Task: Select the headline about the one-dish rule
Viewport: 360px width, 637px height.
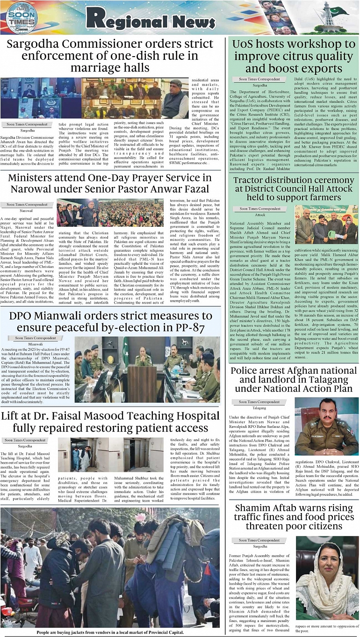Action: [x=109, y=56]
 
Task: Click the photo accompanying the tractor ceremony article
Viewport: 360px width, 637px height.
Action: [x=326, y=224]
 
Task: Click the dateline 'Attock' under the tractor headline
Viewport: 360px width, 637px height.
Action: [x=260, y=215]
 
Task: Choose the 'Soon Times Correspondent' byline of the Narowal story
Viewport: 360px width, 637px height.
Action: [x=27, y=204]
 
